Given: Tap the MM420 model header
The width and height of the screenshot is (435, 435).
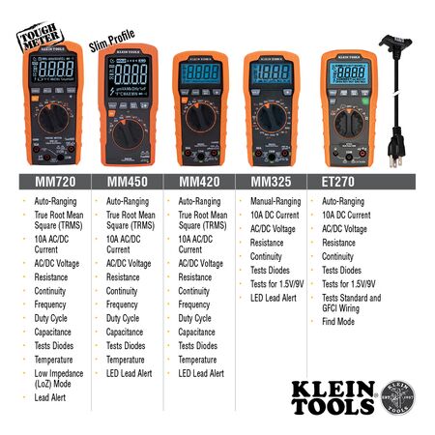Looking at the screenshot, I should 192,181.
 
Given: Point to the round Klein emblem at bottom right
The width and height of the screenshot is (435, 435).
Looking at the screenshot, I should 402,397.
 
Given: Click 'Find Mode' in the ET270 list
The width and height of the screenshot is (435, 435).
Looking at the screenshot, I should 339,322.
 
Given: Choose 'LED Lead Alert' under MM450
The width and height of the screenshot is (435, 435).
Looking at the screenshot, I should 130,373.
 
